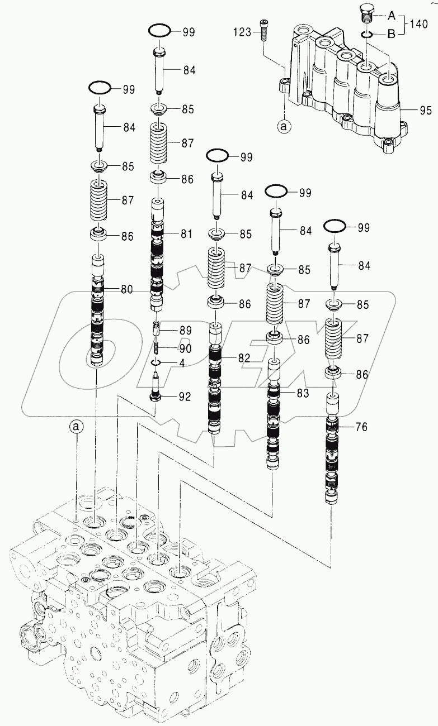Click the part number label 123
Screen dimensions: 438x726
coord(242,32)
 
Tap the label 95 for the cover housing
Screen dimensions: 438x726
coord(426,111)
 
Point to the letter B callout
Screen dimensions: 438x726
coord(392,34)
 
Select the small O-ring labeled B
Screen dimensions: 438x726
coord(367,35)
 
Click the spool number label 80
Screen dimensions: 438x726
coord(127,289)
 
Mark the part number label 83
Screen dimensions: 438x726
coord(303,393)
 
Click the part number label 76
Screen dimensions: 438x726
coord(361,427)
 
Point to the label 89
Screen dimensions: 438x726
coord(185,330)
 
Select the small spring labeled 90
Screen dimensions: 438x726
coord(157,349)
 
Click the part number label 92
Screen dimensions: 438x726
coord(185,397)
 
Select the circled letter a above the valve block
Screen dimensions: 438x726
coord(77,427)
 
